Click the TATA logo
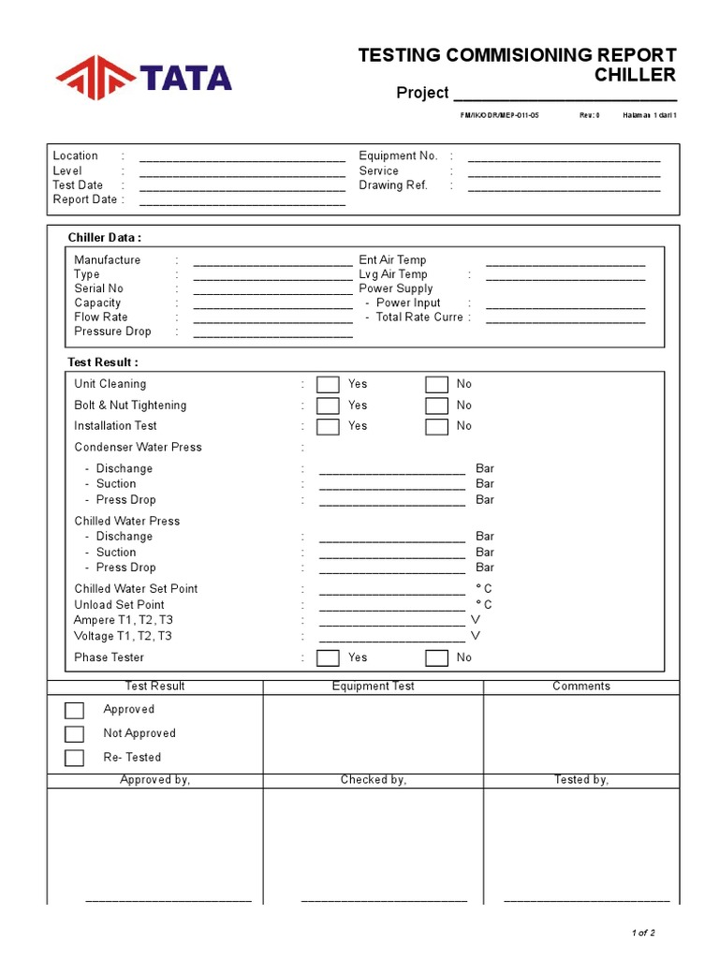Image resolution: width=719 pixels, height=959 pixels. (x=143, y=78)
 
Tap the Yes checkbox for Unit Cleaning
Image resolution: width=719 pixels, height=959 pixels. (x=328, y=384)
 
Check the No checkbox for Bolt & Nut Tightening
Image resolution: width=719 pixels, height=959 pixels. (x=436, y=406)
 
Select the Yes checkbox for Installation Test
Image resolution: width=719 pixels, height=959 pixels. (x=328, y=427)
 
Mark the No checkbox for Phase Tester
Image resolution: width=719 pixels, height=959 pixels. (x=436, y=657)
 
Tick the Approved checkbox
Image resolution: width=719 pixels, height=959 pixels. (x=74, y=710)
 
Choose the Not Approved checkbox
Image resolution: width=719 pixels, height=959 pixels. (x=74, y=734)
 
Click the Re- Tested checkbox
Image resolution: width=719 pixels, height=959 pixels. (x=74, y=758)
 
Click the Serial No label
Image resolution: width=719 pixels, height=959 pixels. (x=98, y=288)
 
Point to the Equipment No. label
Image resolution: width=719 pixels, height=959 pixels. (x=398, y=155)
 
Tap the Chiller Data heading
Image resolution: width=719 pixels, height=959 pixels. (x=105, y=238)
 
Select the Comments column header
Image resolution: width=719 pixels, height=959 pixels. (x=580, y=686)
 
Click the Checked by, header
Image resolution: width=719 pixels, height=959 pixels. (x=373, y=780)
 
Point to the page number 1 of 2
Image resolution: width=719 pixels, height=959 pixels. (x=643, y=933)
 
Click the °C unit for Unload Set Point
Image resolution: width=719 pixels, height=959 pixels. (x=484, y=605)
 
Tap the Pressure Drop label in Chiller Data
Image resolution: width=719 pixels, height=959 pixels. (x=112, y=332)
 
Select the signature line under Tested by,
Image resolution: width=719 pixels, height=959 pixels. (x=586, y=900)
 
